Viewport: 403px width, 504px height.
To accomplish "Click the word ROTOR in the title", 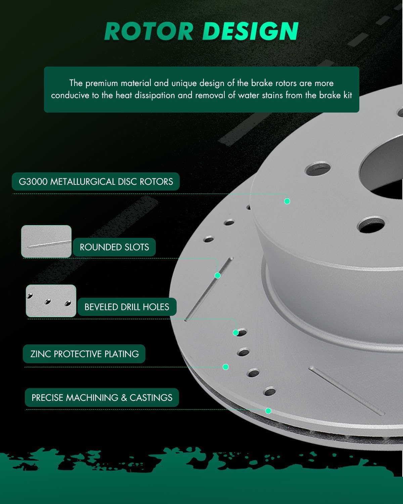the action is pyautogui.click(x=149, y=31).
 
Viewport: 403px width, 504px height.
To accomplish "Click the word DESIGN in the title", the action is pyautogui.click(x=250, y=31).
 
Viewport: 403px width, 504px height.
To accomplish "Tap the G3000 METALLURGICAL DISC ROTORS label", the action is pyautogui.click(x=95, y=181).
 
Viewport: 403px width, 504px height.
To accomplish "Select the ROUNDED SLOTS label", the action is pyautogui.click(x=114, y=247).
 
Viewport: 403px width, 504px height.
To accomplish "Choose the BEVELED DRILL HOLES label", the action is pyautogui.click(x=127, y=307).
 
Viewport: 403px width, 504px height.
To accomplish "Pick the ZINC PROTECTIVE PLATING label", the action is pyautogui.click(x=84, y=354).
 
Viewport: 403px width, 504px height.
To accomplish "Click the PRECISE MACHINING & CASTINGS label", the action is pyautogui.click(x=102, y=397).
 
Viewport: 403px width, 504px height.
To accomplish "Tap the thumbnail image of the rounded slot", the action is pyautogui.click(x=46, y=242).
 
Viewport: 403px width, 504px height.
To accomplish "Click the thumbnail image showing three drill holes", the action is pyautogui.click(x=51, y=301).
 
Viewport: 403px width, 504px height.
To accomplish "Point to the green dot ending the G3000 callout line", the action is pyautogui.click(x=287, y=201).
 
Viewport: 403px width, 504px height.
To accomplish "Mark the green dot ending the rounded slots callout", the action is pyautogui.click(x=218, y=276).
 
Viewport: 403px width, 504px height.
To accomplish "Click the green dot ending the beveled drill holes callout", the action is pyautogui.click(x=236, y=333).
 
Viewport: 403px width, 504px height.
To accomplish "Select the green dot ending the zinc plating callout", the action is pyautogui.click(x=226, y=367).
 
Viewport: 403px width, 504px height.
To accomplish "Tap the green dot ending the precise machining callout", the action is pyautogui.click(x=268, y=411).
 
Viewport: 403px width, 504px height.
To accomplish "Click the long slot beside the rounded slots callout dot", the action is pyautogui.click(x=209, y=289).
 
